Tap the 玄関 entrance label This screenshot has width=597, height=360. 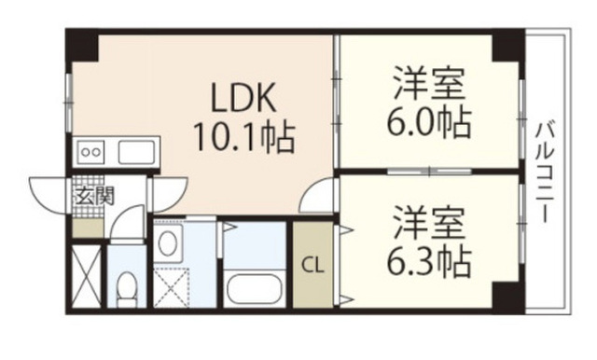coord(93,196)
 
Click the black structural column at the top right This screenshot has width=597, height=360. coord(508,45)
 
